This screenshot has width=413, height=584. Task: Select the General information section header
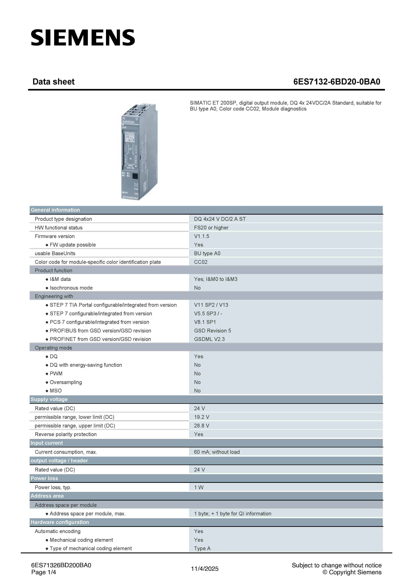[x=55, y=210]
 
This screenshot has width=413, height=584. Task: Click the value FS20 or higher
[x=211, y=228]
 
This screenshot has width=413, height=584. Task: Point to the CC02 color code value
[x=201, y=262]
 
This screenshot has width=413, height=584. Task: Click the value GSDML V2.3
[x=209, y=339]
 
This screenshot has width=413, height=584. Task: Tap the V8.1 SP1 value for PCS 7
[x=205, y=322]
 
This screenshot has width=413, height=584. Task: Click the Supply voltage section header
[x=49, y=399]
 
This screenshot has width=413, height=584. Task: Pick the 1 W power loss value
[x=199, y=487]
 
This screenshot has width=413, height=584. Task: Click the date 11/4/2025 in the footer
[x=205, y=569]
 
